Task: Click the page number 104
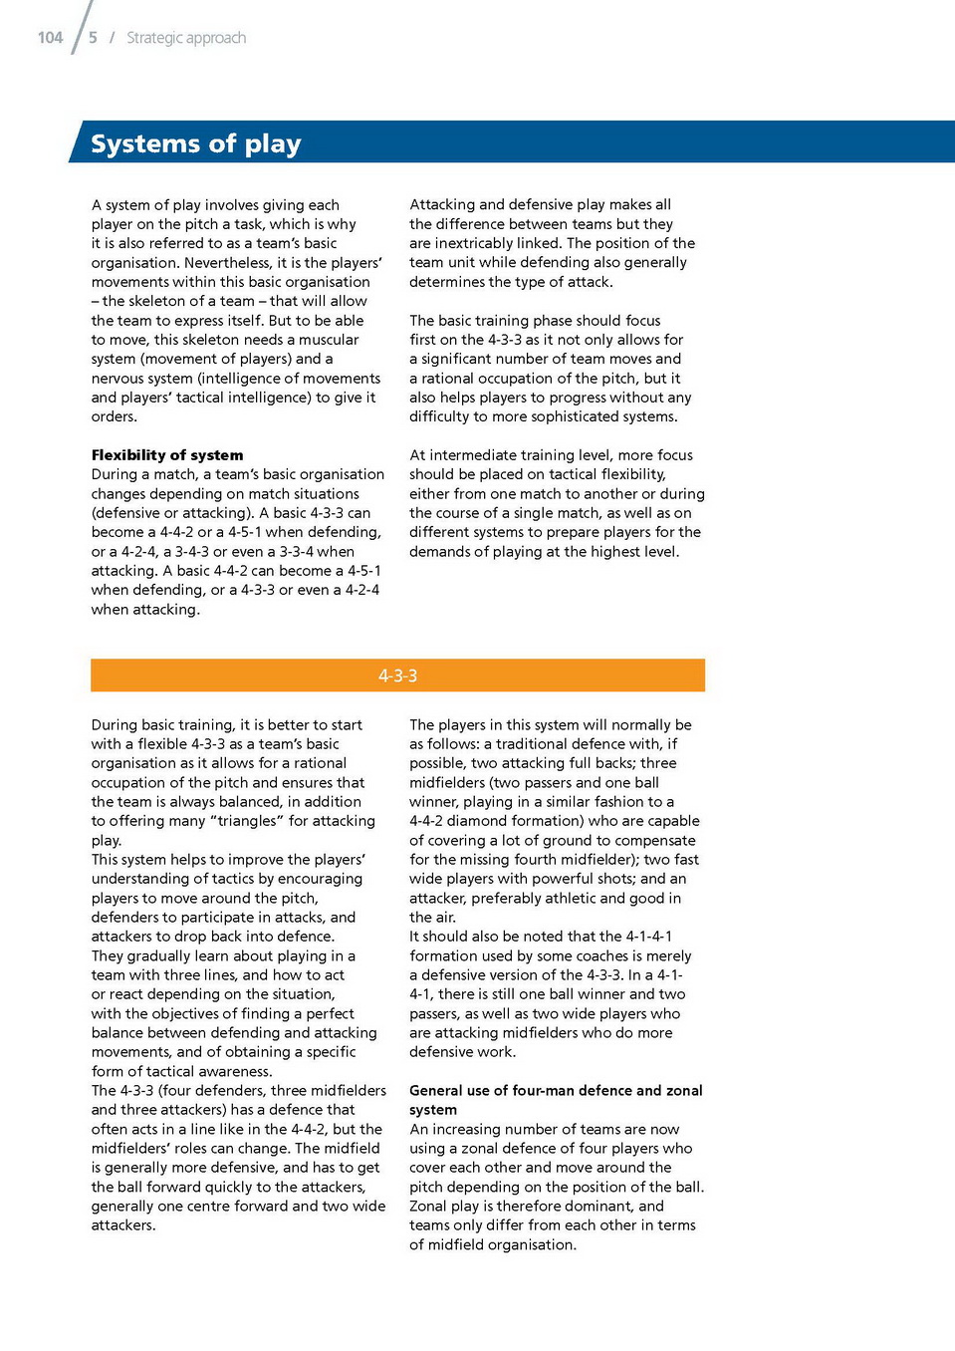point(50,38)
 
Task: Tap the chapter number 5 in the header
point(93,38)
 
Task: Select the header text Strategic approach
point(186,38)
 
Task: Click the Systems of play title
point(195,143)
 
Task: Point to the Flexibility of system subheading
point(166,455)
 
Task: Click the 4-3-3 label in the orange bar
point(397,675)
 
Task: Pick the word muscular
point(329,340)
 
